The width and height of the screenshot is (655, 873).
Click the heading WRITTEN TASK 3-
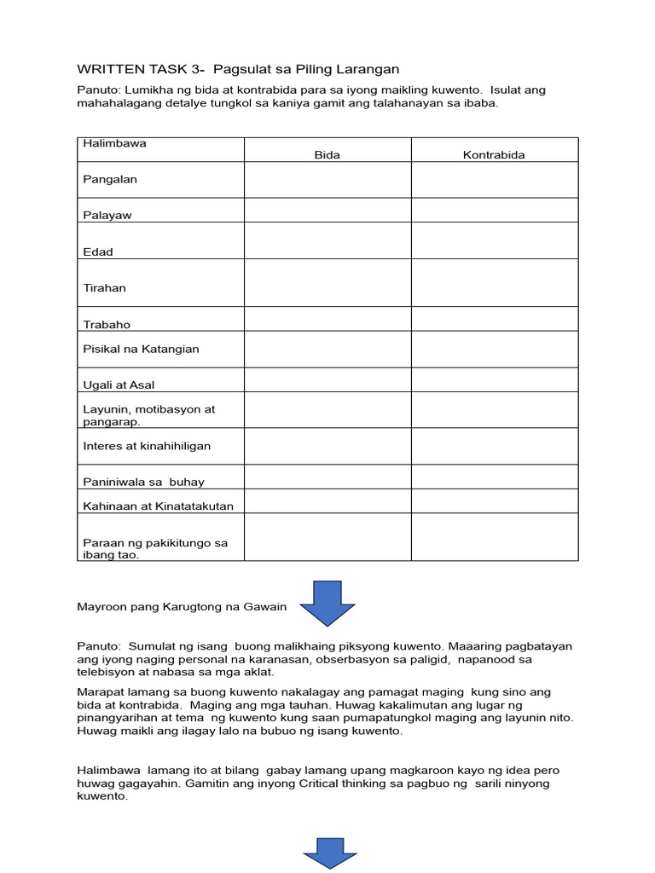pyautogui.click(x=142, y=69)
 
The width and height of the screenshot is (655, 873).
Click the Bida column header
pyautogui.click(x=327, y=155)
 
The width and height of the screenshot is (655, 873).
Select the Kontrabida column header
pyautogui.click(x=494, y=155)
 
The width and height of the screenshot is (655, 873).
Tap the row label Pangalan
pyautogui.click(x=110, y=179)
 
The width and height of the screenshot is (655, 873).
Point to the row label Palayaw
pyautogui.click(x=107, y=216)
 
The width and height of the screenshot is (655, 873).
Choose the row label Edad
pyautogui.click(x=98, y=252)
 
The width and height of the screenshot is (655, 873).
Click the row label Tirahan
pyautogui.click(x=104, y=288)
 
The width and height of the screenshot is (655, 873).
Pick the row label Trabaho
pyautogui.click(x=107, y=325)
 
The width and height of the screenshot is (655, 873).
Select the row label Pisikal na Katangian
pyautogui.click(x=141, y=349)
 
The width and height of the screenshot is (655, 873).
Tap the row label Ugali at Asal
pyautogui.click(x=119, y=385)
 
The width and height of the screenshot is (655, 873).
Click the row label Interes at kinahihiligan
pyautogui.click(x=147, y=446)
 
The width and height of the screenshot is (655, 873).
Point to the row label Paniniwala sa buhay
pyautogui.click(x=143, y=483)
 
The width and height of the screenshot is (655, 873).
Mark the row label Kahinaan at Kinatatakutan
pyautogui.click(x=158, y=506)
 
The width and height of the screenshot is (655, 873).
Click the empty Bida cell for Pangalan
pyautogui.click(x=327, y=180)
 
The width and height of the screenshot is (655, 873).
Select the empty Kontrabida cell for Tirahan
pyautogui.click(x=494, y=283)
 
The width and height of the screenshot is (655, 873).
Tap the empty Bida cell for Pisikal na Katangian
pyautogui.click(x=327, y=350)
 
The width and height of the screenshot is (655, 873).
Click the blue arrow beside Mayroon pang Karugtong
pyautogui.click(x=327, y=603)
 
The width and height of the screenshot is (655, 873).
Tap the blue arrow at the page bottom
pyautogui.click(x=330, y=853)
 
